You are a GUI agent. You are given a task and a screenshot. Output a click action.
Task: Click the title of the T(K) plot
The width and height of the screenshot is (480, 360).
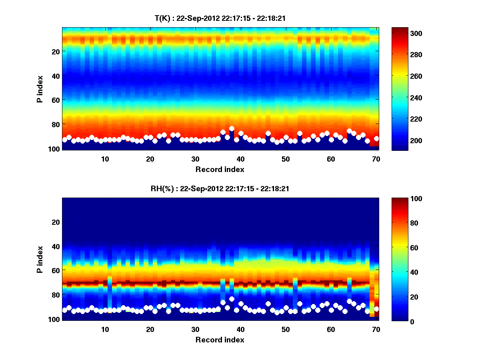tap(220, 18)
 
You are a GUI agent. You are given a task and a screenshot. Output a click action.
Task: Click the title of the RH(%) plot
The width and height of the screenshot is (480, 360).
tap(220, 188)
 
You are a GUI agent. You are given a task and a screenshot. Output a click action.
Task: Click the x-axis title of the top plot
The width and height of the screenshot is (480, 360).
tap(220, 169)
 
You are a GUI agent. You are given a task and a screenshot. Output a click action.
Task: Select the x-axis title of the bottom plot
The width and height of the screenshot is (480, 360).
tap(220, 340)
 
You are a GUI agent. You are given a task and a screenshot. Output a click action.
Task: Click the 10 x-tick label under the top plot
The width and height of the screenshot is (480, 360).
tap(105, 159)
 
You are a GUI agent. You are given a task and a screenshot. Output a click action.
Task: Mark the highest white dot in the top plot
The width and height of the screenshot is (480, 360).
tap(232, 129)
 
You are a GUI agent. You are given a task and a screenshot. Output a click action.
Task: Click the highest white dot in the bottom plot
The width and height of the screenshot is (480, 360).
tap(232, 299)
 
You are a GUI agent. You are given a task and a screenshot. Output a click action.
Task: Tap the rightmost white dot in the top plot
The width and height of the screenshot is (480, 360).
tap(376, 138)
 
